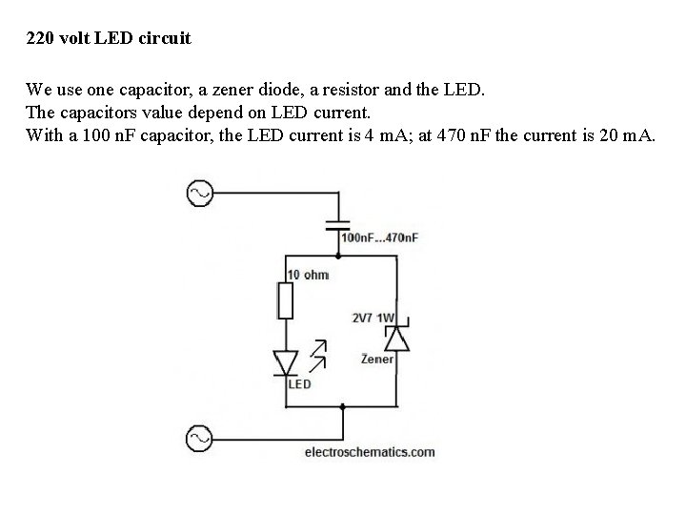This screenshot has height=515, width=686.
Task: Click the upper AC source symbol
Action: [x=200, y=195]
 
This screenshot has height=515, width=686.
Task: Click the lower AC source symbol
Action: [x=200, y=438]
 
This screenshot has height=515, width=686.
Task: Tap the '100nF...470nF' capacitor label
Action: [x=379, y=237]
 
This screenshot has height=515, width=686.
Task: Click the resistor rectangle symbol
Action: [x=285, y=300]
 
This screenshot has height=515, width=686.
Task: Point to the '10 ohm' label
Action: [x=308, y=275]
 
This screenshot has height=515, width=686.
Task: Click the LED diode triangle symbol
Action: [x=285, y=362]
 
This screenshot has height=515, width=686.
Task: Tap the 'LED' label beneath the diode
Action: [x=299, y=384]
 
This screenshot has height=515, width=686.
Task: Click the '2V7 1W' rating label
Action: [x=373, y=319]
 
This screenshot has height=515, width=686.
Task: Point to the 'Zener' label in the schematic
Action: [x=377, y=360]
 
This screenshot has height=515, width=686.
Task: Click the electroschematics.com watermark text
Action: [x=370, y=452]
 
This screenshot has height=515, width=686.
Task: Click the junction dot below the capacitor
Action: [x=338, y=256]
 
